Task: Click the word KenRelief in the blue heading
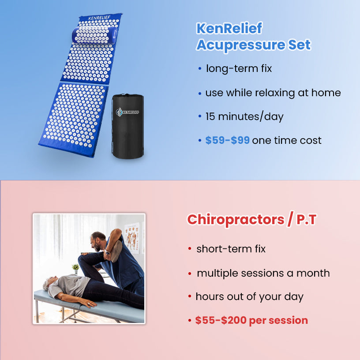tap(229, 29)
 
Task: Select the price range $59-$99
tap(228, 140)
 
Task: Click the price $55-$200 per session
tap(251, 320)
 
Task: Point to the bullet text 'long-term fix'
tap(239, 69)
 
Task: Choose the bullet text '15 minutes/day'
tap(244, 116)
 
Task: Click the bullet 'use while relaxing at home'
tap(273, 93)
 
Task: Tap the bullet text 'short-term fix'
tap(231, 249)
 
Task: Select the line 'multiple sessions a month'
tap(263, 273)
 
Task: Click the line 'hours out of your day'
tap(249, 296)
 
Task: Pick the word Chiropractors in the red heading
tap(236, 219)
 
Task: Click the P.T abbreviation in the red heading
tap(306, 220)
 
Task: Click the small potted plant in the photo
tap(75, 268)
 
